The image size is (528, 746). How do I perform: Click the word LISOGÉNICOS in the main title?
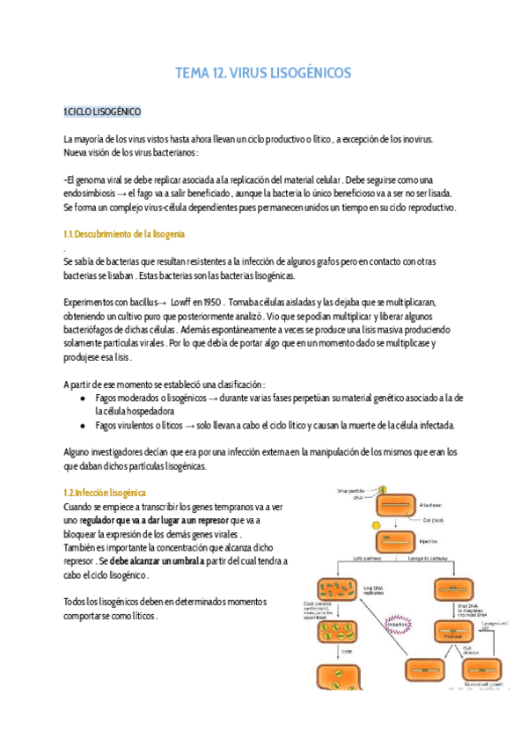304,73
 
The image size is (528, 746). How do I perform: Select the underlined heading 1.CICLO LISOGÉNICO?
101,113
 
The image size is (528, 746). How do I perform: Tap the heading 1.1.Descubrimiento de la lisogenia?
124,234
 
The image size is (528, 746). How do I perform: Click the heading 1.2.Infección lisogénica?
105,494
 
